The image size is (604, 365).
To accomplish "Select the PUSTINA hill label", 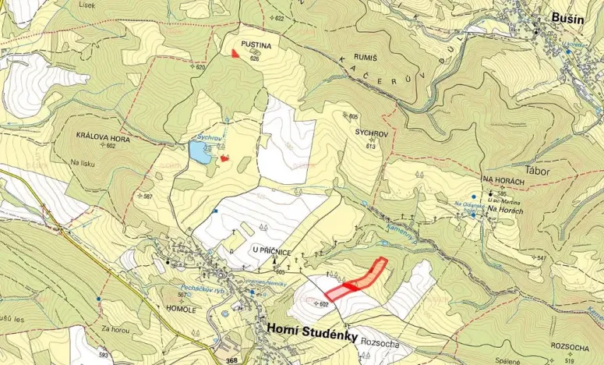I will (x=256, y=46).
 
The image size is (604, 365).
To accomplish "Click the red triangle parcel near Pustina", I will (x=235, y=53).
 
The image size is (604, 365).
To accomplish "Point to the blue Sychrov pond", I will (x=200, y=152).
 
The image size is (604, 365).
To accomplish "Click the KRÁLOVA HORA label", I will (x=103, y=137).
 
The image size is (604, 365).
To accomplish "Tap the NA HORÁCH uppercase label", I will (x=504, y=180).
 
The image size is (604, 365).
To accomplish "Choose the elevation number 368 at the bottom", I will (x=232, y=360).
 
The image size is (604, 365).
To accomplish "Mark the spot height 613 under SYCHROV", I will (x=371, y=147).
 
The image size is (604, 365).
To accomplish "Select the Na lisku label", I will (x=82, y=163).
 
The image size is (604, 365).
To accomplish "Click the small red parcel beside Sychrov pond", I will (x=225, y=158).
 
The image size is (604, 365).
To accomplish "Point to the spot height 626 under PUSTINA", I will (x=254, y=58).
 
